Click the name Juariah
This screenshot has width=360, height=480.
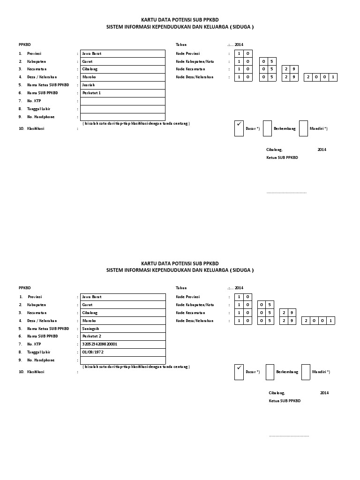point(89,85)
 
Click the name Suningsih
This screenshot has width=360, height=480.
point(90,328)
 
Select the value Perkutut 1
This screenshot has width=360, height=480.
point(91,93)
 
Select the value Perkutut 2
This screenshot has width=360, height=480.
point(91,336)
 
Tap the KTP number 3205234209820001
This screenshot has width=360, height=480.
point(99,344)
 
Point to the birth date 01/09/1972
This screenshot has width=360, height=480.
point(93,352)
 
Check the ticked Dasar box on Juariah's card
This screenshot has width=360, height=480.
point(239,128)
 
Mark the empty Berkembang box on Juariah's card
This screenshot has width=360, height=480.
point(267,128)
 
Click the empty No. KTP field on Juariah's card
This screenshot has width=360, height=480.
point(123,101)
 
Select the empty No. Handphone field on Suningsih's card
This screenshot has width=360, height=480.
point(123,360)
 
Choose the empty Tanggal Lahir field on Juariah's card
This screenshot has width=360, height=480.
point(123,109)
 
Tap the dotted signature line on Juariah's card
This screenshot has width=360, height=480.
point(286,193)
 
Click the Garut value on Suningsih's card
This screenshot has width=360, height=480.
point(87,305)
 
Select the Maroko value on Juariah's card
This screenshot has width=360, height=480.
point(89,77)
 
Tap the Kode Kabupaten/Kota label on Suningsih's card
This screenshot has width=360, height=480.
point(192,305)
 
